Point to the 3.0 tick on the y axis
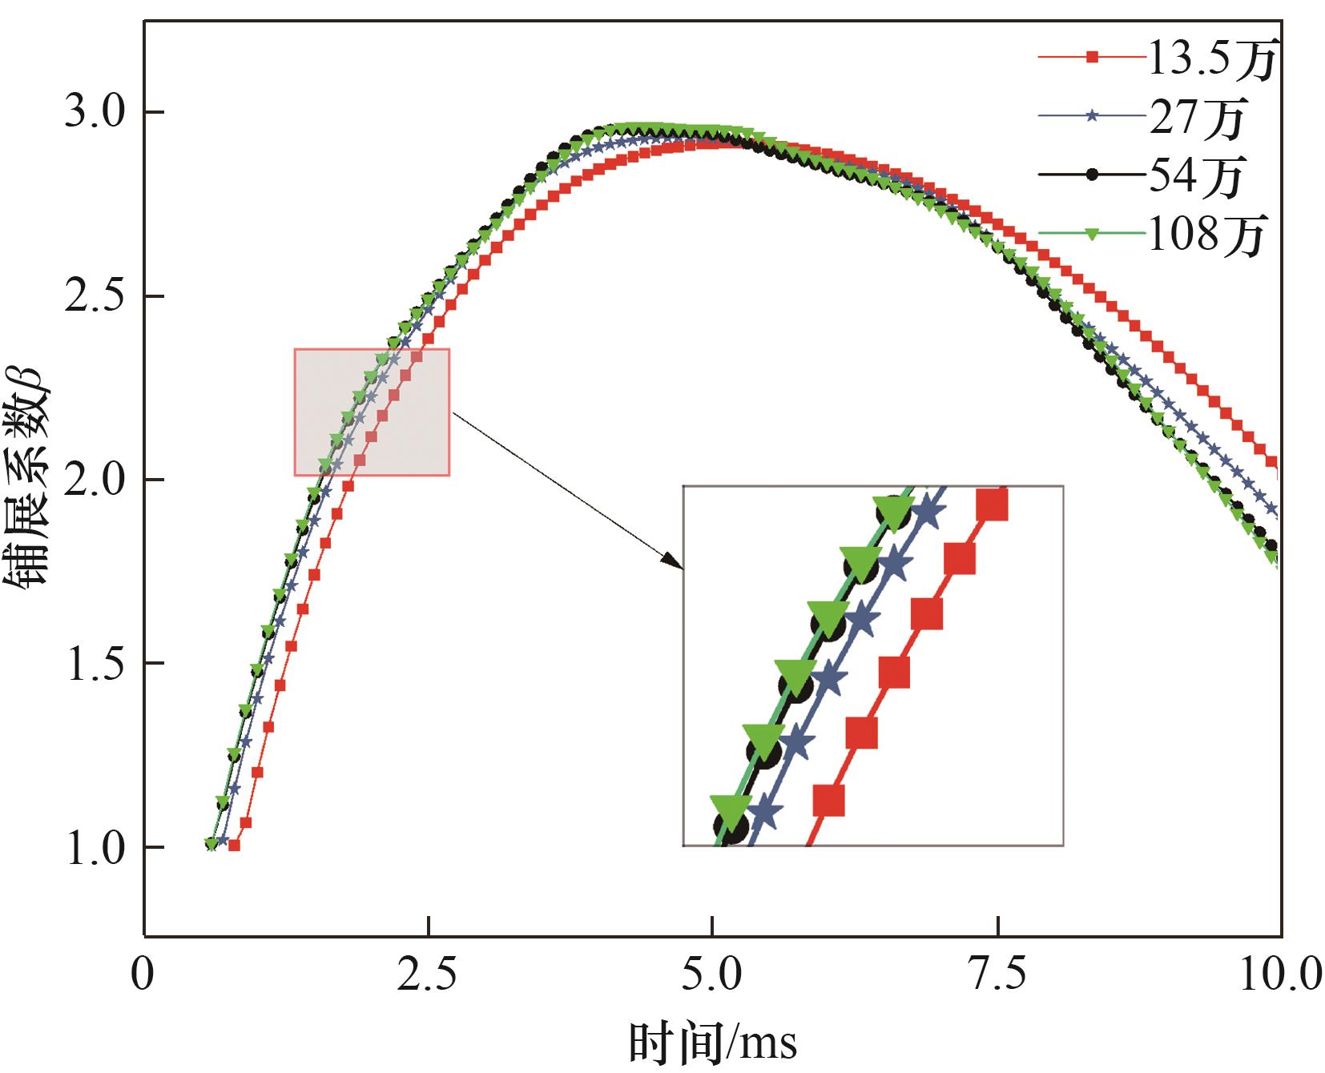coord(95,113)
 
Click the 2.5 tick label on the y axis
coord(95,297)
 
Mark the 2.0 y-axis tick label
coord(95,480)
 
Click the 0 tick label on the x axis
coord(143,976)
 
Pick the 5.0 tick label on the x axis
coord(711,976)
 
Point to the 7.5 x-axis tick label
coord(998,976)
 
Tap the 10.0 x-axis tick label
coord(1280,976)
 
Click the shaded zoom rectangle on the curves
coord(372,412)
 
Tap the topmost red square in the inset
coord(991,506)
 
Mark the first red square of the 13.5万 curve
coord(234,845)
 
